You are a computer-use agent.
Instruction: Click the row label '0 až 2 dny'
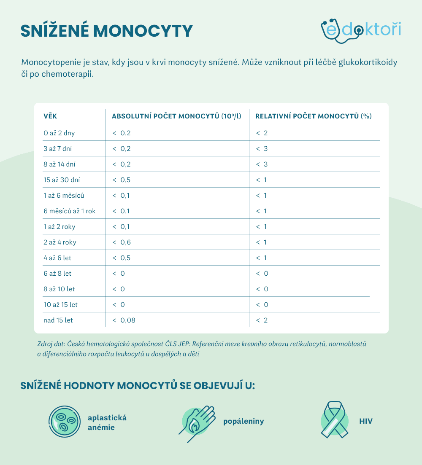59,133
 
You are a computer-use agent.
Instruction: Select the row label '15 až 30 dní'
62,180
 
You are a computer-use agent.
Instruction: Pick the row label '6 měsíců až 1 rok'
70,211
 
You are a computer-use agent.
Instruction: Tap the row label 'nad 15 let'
58,320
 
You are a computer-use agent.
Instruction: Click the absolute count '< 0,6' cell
122,242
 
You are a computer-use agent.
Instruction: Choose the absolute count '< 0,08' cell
124,320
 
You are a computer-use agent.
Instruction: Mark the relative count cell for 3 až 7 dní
262,149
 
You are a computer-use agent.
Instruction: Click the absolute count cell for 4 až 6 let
122,258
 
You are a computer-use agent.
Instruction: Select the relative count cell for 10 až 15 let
262,305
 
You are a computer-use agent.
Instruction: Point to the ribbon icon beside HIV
334,420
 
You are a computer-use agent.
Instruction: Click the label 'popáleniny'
243,421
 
